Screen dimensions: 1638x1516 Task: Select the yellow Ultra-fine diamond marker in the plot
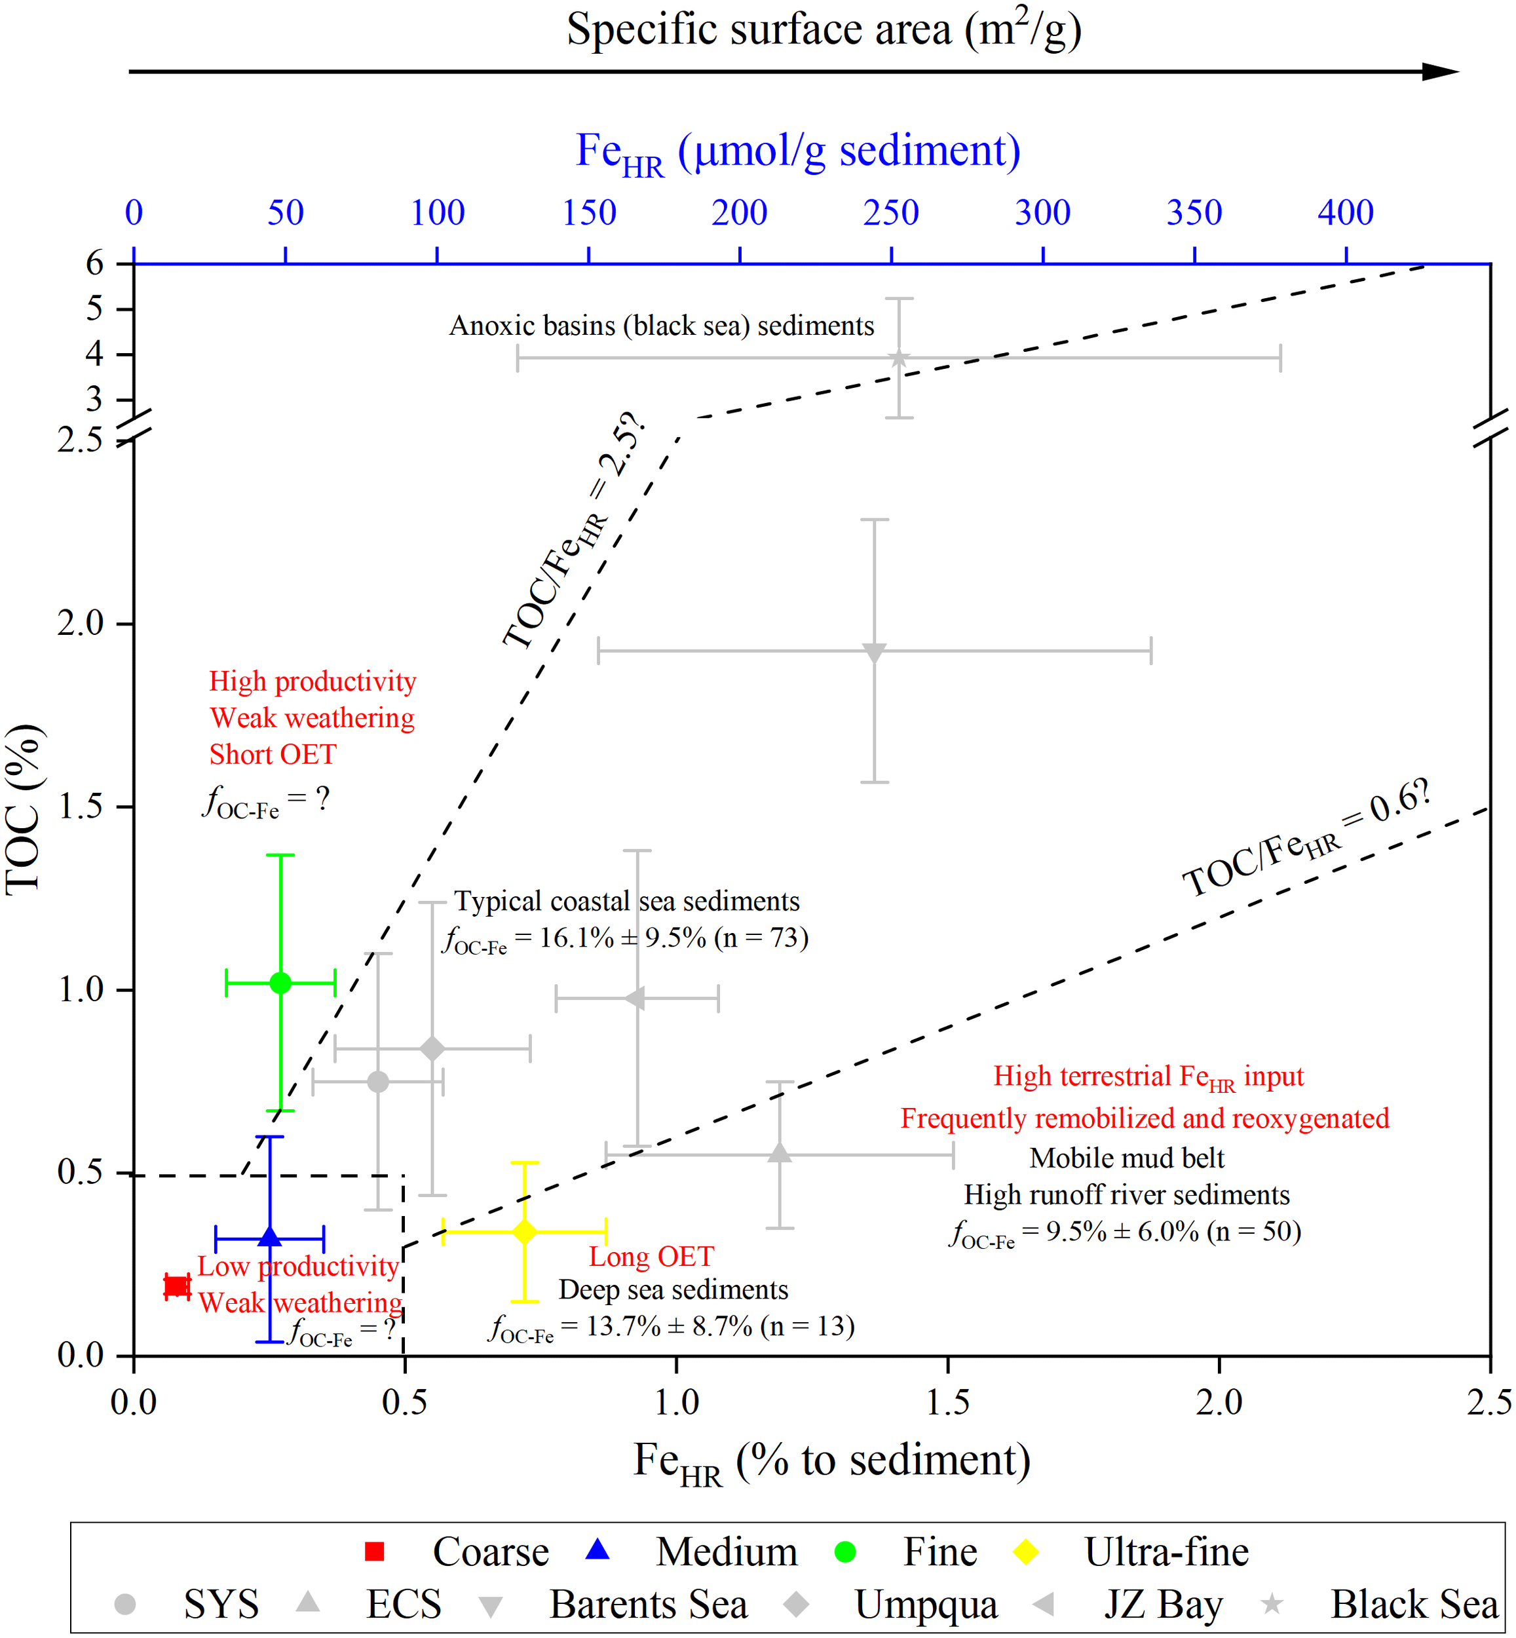[x=524, y=1231]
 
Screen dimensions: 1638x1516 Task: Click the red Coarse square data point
[x=177, y=1286]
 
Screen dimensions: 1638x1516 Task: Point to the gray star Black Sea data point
[x=899, y=358]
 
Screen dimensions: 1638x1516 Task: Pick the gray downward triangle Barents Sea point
[x=875, y=652]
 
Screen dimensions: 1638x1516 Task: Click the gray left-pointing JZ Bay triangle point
[x=635, y=999]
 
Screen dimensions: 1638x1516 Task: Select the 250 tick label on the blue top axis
[x=891, y=213]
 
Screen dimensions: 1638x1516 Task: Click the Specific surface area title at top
[x=824, y=30]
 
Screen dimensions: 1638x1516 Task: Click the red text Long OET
[x=651, y=1257]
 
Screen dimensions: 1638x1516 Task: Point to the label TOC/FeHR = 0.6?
[x=1307, y=839]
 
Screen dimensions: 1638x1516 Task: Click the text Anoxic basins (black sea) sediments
[x=661, y=326]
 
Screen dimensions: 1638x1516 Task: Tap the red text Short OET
[x=273, y=755]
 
